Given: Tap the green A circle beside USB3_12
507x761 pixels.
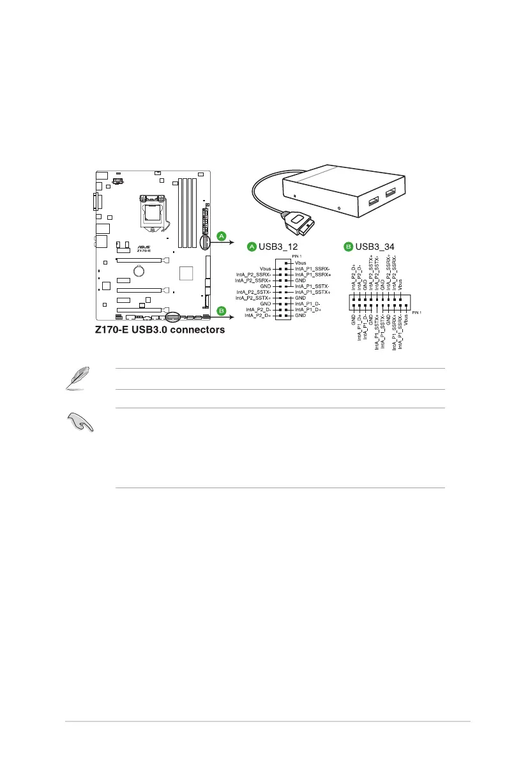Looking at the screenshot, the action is tap(252, 246).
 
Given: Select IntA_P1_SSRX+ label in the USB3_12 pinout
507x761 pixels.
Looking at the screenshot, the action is tap(313, 274).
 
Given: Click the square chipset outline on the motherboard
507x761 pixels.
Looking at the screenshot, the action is tap(186, 273).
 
